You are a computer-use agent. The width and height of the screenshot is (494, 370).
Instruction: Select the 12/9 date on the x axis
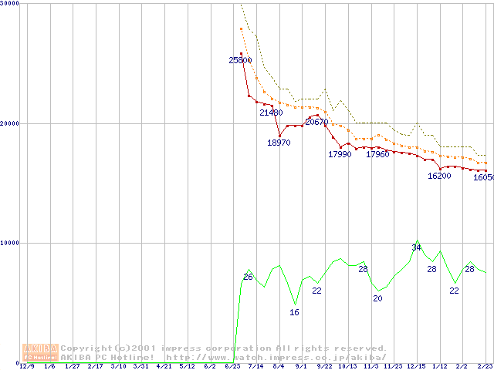[27, 367]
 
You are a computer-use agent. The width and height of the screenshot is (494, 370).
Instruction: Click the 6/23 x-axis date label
[232, 367]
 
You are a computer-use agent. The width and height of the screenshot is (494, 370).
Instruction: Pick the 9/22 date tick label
[324, 367]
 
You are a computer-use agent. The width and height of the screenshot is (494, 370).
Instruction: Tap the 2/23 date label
[485, 367]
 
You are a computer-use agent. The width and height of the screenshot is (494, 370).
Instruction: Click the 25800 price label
[240, 60]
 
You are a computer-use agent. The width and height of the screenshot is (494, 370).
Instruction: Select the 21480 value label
[271, 113]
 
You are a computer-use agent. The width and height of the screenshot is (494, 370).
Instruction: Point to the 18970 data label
[279, 143]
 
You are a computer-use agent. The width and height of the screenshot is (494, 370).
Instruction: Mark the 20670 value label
[316, 122]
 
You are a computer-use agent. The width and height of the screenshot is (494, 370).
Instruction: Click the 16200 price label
[439, 176]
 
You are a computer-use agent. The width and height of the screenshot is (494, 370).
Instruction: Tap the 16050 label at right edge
[483, 177]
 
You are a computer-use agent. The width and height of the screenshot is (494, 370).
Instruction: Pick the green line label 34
[416, 247]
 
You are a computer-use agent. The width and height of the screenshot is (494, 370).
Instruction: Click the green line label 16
[294, 312]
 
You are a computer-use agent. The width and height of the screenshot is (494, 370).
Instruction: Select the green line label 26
[248, 277]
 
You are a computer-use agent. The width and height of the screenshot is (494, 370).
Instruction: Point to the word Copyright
[86, 348]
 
